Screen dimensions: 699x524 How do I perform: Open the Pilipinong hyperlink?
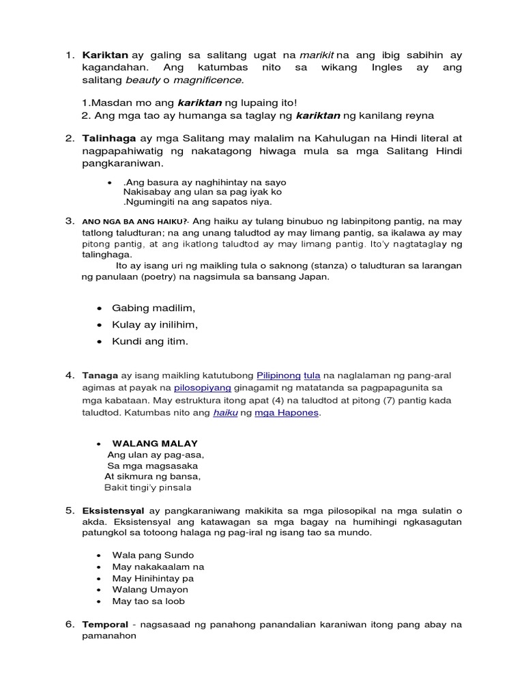coord(278,375)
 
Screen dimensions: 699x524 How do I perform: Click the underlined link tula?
coord(312,375)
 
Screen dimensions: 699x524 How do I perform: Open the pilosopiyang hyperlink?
coord(203,388)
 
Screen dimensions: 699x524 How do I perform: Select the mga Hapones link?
coord(287,413)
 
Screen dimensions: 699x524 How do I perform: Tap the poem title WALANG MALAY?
coord(155,444)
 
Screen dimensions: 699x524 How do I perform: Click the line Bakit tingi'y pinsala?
coord(148,487)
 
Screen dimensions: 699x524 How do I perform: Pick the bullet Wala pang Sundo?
coord(153,555)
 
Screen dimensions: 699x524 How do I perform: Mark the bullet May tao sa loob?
coord(148,601)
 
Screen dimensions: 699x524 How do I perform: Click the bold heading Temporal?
coord(105,625)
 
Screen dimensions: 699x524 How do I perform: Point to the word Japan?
coord(315,276)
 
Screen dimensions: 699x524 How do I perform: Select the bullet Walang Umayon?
coord(150,590)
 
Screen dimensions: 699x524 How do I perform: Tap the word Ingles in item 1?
coord(387,68)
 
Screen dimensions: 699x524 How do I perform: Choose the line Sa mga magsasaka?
coord(153,466)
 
